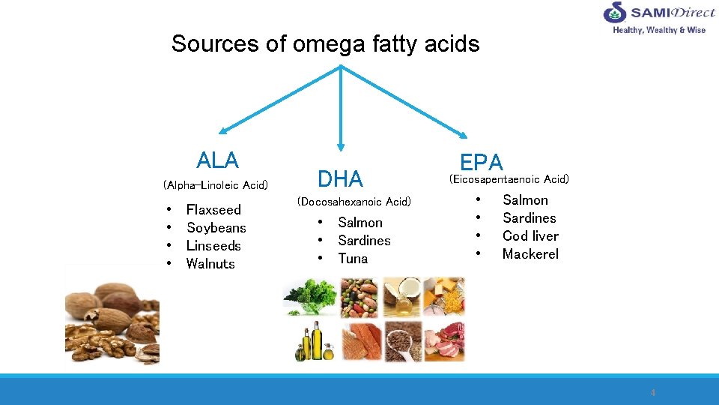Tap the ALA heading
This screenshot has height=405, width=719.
217,160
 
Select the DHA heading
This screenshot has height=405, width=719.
340,179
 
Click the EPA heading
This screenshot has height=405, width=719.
482,162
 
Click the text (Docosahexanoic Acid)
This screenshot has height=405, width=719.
354,202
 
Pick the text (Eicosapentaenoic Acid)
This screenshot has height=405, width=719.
509,179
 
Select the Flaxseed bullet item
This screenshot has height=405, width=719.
213,210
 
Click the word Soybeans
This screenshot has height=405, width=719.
216,228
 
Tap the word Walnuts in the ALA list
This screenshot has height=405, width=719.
210,264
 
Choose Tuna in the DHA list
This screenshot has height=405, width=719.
353,259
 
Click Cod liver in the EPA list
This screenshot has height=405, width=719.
530,236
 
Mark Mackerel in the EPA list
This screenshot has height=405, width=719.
530,254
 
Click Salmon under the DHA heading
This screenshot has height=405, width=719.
360,223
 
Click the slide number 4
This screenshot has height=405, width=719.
653,392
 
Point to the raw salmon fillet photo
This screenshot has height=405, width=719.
360,341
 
